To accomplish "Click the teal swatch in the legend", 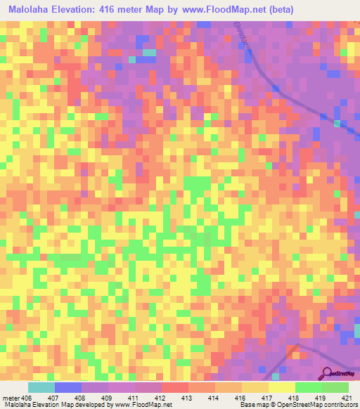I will tap(41, 387).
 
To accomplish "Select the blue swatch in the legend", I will tap(67, 387).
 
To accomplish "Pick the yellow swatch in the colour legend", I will tap(281, 387).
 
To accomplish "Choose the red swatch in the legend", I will tap(174, 387).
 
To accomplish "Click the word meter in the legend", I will tap(11, 398).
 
